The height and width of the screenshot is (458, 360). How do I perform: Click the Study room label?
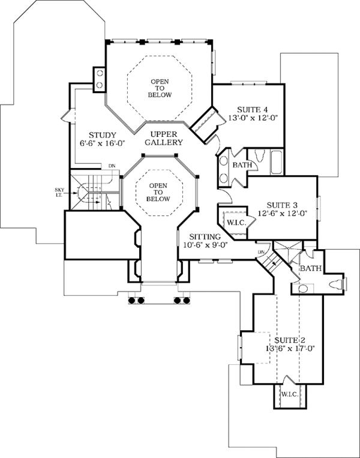[x=103, y=135]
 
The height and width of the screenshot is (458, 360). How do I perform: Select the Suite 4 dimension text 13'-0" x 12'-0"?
[x=252, y=118]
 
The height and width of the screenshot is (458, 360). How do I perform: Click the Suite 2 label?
[x=290, y=340]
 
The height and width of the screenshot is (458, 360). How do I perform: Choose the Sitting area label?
[x=205, y=237]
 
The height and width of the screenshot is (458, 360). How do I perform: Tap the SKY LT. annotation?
[x=59, y=192]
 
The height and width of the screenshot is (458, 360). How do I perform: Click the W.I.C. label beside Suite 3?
[x=236, y=223]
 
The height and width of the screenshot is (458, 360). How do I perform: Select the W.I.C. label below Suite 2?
[x=290, y=394]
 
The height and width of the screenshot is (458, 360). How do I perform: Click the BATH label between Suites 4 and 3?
[x=242, y=165]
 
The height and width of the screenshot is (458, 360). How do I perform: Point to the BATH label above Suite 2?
[x=311, y=268]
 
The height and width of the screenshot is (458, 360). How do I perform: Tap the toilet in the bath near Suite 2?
[x=338, y=285]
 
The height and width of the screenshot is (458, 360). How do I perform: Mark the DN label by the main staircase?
[x=112, y=166]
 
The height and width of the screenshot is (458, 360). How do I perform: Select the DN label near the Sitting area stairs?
[x=261, y=252]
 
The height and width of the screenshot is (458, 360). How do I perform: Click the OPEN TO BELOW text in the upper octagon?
[x=160, y=88]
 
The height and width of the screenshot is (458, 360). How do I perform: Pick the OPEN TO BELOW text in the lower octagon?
[x=158, y=192]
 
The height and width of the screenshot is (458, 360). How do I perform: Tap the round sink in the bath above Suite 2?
[x=303, y=289]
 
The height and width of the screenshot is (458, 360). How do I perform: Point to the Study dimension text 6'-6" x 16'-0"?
[x=102, y=143]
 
